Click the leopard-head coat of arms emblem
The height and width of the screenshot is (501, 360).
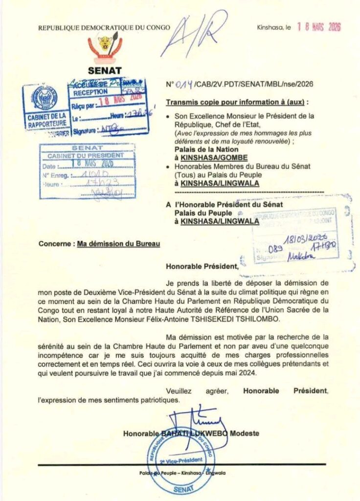tap(105, 46)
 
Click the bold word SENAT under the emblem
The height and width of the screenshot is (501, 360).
tap(105, 70)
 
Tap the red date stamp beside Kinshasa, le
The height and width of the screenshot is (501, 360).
tap(319, 27)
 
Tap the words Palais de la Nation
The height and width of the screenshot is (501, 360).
tap(206, 149)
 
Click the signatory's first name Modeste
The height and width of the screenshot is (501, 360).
tap(245, 433)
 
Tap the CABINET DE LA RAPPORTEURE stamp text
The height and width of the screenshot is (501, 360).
tap(46, 119)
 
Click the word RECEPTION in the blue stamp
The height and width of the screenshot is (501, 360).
tap(91, 92)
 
